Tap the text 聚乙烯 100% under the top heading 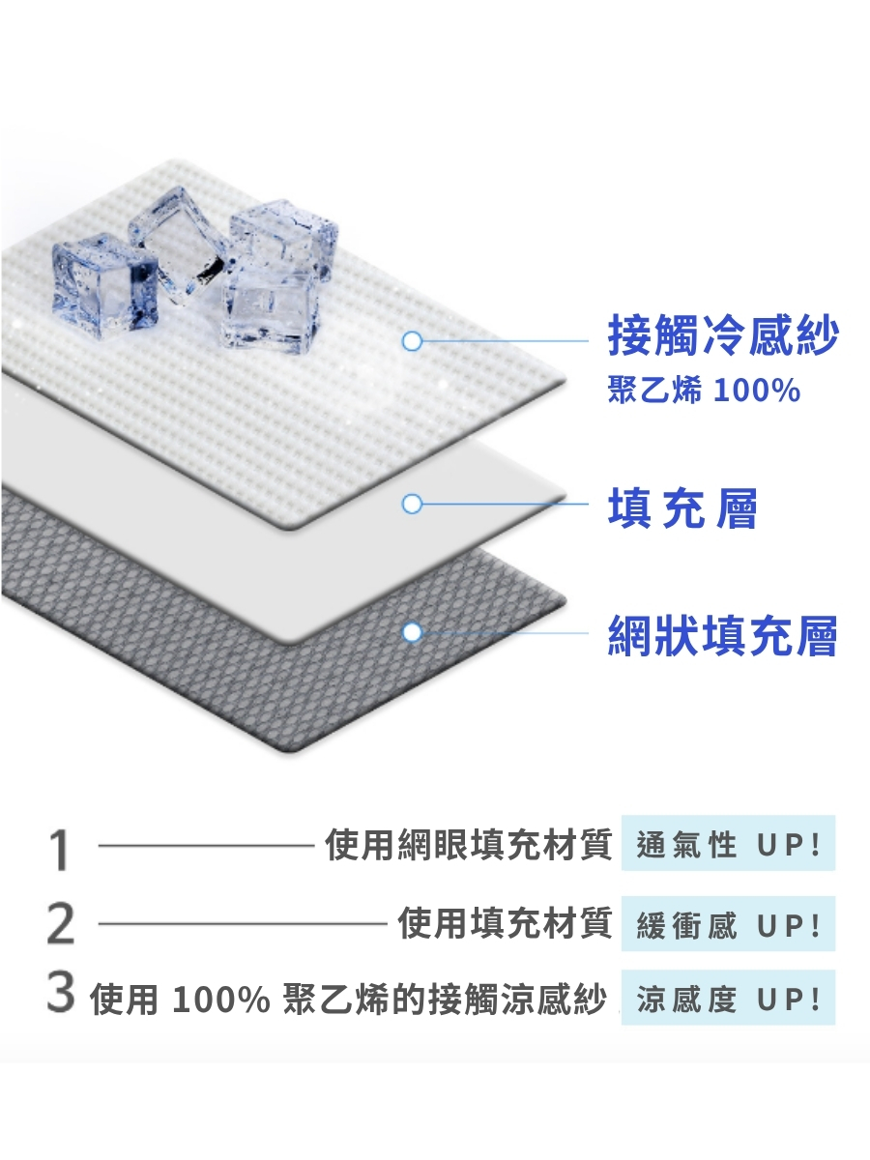pos(704,391)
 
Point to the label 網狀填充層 pos(723,635)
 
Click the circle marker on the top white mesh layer pos(413,340)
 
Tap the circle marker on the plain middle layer pos(413,504)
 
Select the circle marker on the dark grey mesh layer pos(413,632)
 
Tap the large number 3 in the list pos(60,995)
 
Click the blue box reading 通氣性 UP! pos(728,845)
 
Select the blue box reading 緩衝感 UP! pos(728,924)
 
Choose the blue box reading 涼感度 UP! pos(728,998)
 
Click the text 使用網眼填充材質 pos(469,845)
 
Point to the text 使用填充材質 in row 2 pos(506,924)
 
